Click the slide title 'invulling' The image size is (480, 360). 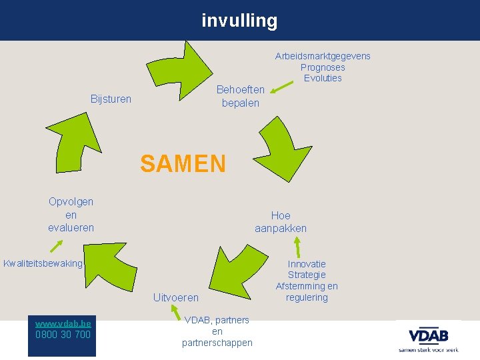pos(239,21)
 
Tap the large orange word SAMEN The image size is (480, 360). pos(183,163)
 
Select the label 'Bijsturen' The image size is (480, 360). pos(111,99)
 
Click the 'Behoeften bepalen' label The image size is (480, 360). pos(241,96)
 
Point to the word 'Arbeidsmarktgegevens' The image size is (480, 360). pos(323,56)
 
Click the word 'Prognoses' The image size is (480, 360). pos(323,67)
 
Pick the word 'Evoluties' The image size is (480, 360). pos(323,78)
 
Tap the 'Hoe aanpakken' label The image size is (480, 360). pos(281,222)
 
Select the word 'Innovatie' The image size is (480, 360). pos(307,264)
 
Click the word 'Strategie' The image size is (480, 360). pos(307,275)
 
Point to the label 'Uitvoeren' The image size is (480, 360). pos(176,297)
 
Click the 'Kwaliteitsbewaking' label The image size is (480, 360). pos(43,263)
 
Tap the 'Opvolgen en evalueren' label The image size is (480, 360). pos(71,215)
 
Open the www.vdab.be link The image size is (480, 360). pos(63,323)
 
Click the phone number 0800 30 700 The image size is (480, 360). pos(63,334)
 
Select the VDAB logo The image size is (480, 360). pos(428,338)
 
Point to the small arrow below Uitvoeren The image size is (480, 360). pos(175,312)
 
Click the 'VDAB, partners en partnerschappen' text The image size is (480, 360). pos(217,331)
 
